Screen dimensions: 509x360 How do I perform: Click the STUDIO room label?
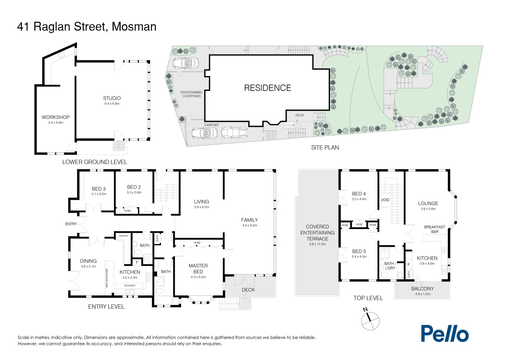coord(112,98)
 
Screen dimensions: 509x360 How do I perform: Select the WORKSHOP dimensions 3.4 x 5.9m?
coord(56,123)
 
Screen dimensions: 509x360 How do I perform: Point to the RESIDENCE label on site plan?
coord(267,88)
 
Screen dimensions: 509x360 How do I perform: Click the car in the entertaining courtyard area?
coord(186,63)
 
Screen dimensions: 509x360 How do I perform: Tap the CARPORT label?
coord(211,125)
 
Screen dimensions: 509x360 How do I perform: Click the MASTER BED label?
coord(198,269)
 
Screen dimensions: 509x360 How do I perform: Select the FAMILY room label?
coord(249,220)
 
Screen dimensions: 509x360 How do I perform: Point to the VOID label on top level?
coord(385,200)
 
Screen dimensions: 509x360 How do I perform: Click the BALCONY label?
coord(422,289)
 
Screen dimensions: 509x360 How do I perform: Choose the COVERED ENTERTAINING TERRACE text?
coord(317,233)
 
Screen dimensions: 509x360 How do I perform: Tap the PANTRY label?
coord(124,236)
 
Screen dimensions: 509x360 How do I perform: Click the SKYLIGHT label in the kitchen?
coord(130,285)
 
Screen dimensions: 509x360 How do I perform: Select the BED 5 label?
coord(359,251)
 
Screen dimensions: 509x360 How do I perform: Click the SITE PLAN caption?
coord(325,148)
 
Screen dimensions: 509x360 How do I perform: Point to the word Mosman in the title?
coord(134,27)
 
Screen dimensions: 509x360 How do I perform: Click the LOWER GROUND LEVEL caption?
coord(95,162)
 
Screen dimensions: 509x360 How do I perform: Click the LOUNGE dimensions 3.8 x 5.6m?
coord(428,209)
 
